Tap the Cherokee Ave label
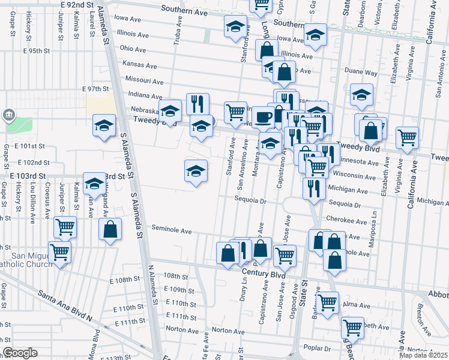[x=344, y=221]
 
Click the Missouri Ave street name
[x=144, y=80]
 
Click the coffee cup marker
[x=262, y=117]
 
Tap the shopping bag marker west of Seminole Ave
[x=110, y=229]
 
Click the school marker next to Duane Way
[x=361, y=95]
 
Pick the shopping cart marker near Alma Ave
[x=327, y=302]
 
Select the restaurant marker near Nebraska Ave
[x=197, y=104]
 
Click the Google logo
[x=19, y=353]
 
